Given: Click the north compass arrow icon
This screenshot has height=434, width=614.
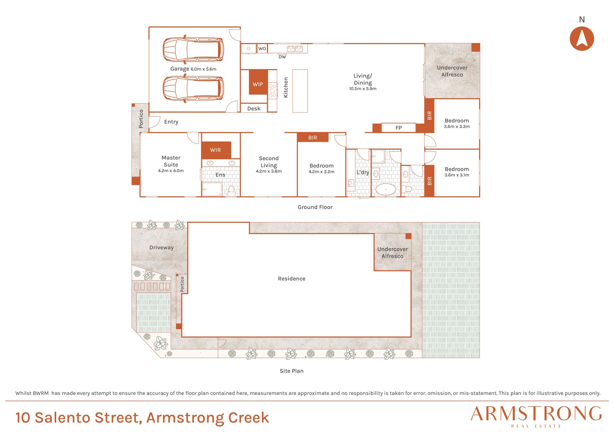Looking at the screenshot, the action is pyautogui.click(x=582, y=38).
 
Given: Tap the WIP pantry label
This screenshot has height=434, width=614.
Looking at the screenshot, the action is pyautogui.click(x=258, y=84).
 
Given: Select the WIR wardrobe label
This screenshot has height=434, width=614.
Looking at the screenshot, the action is pyautogui.click(x=216, y=150).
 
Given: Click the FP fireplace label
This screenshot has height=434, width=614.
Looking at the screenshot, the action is pyautogui.click(x=398, y=128).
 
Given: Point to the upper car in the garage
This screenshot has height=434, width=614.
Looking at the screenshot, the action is pyautogui.click(x=193, y=49).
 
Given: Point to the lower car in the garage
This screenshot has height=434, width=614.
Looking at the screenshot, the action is pyautogui.click(x=193, y=88).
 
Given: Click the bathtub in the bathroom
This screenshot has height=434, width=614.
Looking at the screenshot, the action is pyautogui.click(x=386, y=189).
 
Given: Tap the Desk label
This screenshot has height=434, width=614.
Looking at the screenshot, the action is pyautogui.click(x=254, y=109).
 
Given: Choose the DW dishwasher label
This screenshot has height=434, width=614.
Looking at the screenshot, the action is pyautogui.click(x=282, y=57).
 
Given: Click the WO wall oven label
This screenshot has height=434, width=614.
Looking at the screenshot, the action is pyautogui.click(x=262, y=48).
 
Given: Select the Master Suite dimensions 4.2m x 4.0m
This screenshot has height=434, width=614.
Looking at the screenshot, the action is pyautogui.click(x=171, y=171).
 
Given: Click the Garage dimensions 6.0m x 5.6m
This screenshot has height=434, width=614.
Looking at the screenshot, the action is pyautogui.click(x=204, y=69).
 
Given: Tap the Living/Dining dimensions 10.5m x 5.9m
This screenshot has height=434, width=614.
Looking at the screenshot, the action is pyautogui.click(x=363, y=89).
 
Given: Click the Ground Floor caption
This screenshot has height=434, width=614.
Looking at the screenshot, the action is pyautogui.click(x=315, y=207).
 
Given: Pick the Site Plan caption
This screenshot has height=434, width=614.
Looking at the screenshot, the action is pyautogui.click(x=292, y=371).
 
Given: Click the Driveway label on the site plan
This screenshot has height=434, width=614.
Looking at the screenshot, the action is pyautogui.click(x=161, y=248).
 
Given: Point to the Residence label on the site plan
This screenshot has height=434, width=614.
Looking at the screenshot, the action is pyautogui.click(x=292, y=279).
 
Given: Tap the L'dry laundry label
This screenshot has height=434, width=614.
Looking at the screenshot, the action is pyautogui.click(x=363, y=172).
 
